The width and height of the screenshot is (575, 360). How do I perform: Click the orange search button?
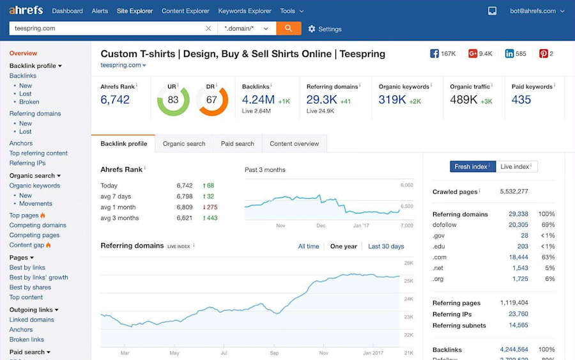pyautogui.click(x=288, y=28)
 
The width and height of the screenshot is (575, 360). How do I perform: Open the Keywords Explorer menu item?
pyautogui.click(x=245, y=11)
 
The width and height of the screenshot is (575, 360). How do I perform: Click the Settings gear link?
pyautogui.click(x=325, y=29)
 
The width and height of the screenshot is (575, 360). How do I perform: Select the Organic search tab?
pyautogui.click(x=184, y=144)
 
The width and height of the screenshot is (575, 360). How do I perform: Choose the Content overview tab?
pyautogui.click(x=294, y=144)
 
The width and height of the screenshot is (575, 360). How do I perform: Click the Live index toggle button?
pyautogui.click(x=517, y=167)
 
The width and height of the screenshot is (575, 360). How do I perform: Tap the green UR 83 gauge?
pyautogui.click(x=173, y=100)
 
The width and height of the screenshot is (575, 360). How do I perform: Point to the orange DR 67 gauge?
pyautogui.click(x=212, y=100)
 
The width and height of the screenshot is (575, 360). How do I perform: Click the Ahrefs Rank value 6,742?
pyautogui.click(x=115, y=100)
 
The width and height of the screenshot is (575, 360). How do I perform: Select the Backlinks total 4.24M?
pyautogui.click(x=258, y=100)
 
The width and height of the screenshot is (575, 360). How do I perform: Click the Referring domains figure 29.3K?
pyautogui.click(x=321, y=100)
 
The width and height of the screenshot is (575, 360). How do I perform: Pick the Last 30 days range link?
pyautogui.click(x=386, y=246)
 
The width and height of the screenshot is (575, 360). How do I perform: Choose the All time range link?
pyautogui.click(x=309, y=246)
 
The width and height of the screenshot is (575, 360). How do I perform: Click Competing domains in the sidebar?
pyautogui.click(x=38, y=225)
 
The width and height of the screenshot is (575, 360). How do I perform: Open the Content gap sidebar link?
pyautogui.click(x=27, y=245)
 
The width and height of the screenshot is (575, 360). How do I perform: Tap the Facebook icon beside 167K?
pyautogui.click(x=434, y=54)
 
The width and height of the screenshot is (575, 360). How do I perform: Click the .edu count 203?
pyautogui.click(x=523, y=246)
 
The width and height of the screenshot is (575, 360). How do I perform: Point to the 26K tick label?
pyautogui.click(x=409, y=263)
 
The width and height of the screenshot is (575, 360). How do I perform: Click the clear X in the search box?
pyautogui.click(x=208, y=29)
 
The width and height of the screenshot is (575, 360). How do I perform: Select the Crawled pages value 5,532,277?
pyautogui.click(x=514, y=191)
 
